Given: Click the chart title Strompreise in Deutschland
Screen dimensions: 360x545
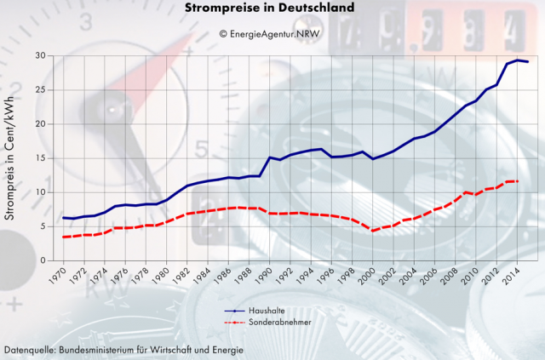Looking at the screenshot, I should coord(271,9).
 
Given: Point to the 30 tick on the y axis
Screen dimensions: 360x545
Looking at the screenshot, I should coord(41,56).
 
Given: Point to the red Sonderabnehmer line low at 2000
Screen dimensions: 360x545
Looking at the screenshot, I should coord(373,231).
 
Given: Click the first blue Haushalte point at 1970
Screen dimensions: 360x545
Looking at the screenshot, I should coord(64,218).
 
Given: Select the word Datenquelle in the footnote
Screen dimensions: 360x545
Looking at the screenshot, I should coord(31,350).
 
